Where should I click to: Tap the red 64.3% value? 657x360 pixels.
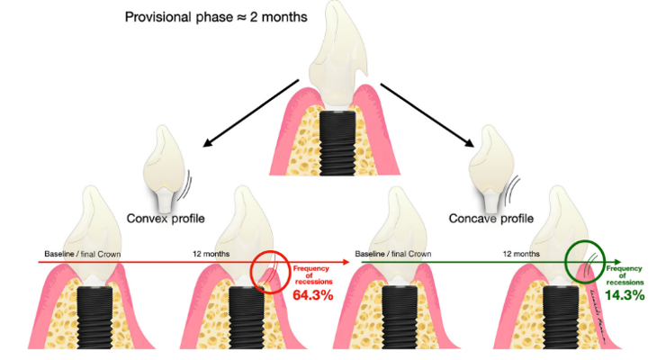pyautogui.click(x=313, y=294)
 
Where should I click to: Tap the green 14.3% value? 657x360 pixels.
pyautogui.click(x=625, y=294)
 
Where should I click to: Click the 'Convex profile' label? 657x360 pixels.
pyautogui.click(x=176, y=218)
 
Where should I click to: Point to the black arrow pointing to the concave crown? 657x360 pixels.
pyautogui.click(x=427, y=113)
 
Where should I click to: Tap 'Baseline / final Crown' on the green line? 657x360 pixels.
pyautogui.click(x=391, y=255)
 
